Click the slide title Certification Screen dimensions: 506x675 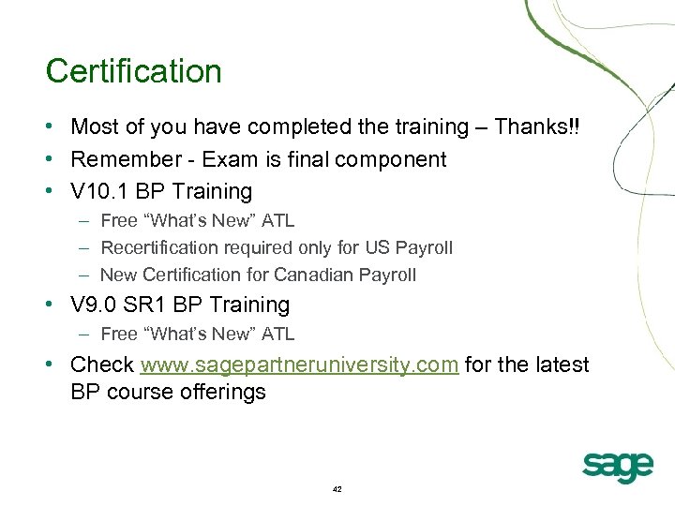point(133,72)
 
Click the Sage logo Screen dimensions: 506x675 point(616,466)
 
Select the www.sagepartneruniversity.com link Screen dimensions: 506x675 point(299,365)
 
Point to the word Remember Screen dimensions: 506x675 point(120,159)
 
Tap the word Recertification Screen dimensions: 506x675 point(157,248)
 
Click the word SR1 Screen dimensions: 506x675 point(149,305)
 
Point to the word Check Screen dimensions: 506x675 point(102,365)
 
